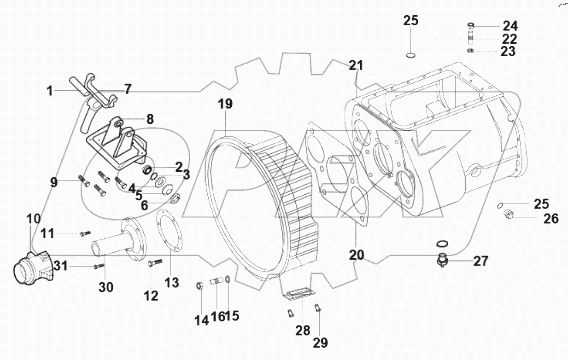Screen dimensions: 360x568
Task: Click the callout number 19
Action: [x=225, y=105]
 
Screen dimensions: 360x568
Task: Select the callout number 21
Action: [x=355, y=66]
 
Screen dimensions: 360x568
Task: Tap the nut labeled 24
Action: [x=471, y=26]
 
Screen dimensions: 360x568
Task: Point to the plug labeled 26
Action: [x=509, y=214]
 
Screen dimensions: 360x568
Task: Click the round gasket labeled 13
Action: [x=169, y=229]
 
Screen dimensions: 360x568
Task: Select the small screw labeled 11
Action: [x=85, y=233]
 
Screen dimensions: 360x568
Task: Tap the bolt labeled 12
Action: [x=155, y=263]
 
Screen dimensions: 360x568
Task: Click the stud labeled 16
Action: [x=217, y=280]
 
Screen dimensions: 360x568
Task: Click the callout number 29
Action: [x=321, y=343]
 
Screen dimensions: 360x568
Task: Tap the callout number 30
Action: [x=105, y=287]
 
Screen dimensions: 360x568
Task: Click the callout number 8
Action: [x=150, y=119]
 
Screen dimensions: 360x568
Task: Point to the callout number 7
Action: [x=127, y=88]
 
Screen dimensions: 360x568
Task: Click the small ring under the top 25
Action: [x=411, y=56]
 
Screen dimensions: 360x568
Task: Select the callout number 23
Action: [x=508, y=52]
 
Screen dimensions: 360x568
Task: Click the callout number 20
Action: [x=356, y=254]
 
